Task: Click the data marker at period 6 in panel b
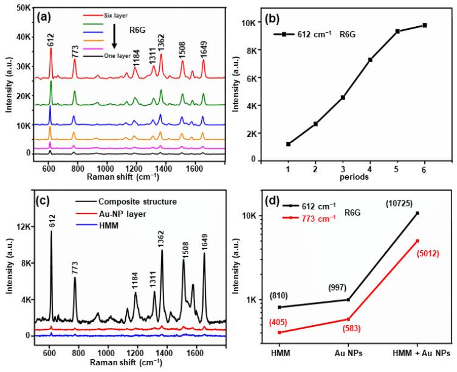pyautogui.click(x=425, y=25)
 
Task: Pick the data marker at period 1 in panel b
pyautogui.click(x=289, y=144)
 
